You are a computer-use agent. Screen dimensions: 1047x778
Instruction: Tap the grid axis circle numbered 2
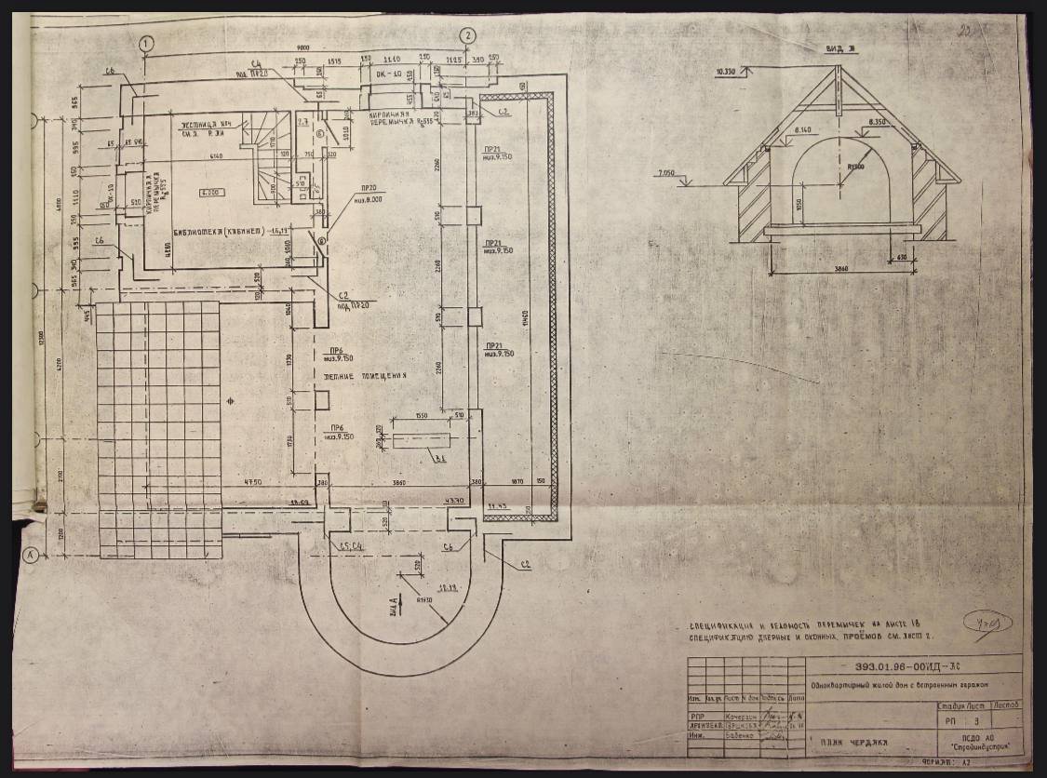pos(467,36)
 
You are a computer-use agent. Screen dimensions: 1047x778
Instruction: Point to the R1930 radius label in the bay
pos(425,599)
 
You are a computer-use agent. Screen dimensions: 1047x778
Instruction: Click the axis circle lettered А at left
pos(30,556)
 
